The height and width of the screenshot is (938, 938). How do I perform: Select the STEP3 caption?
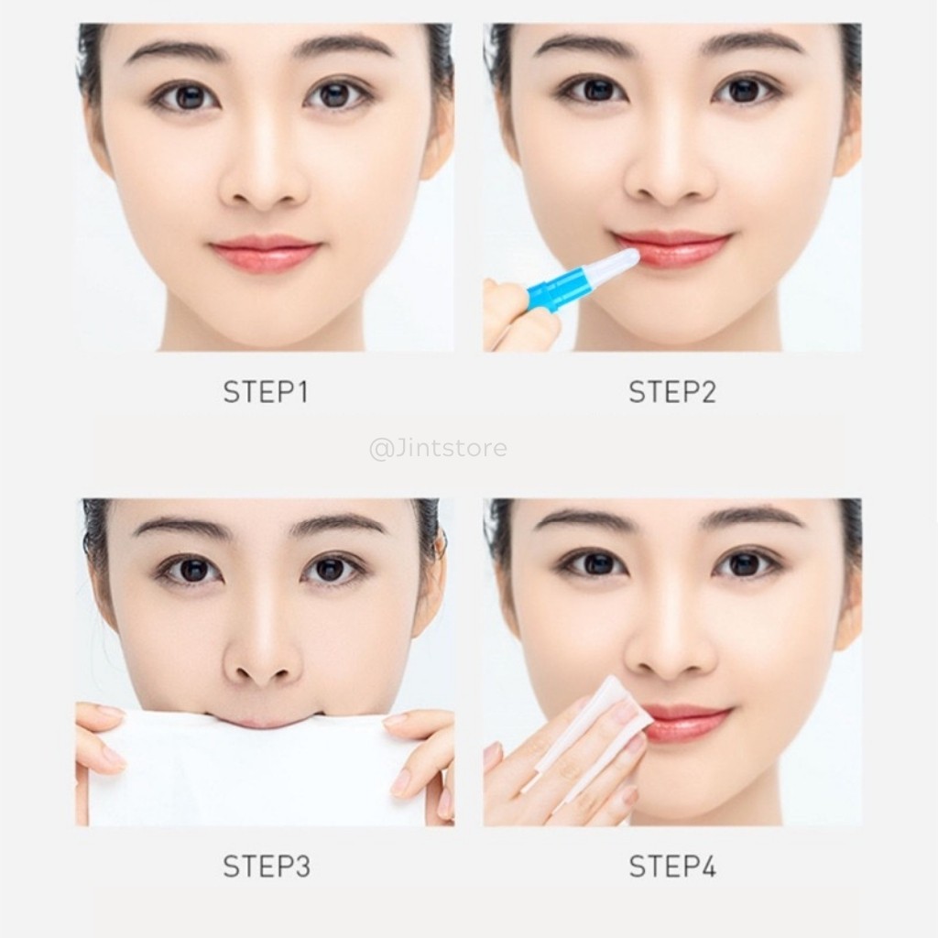266,867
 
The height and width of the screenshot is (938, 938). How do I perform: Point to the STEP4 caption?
671,867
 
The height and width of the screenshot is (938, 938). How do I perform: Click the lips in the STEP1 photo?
265,254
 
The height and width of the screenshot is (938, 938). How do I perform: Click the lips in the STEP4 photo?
689,723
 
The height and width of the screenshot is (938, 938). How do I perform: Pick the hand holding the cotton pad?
550,779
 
